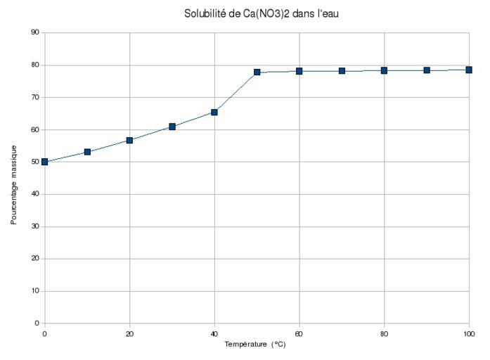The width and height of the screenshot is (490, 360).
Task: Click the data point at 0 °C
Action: coord(44,162)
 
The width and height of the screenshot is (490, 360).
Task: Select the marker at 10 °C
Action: coord(87,152)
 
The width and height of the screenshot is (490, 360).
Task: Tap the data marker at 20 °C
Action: coord(129,140)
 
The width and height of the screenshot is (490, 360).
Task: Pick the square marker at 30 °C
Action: coord(172,127)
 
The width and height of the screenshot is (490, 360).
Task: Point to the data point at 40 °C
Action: coord(214,112)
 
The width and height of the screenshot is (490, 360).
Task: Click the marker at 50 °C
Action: coord(257,72)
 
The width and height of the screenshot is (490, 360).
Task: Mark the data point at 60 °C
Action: coord(299,71)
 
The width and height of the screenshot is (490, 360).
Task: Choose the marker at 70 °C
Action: coord(342,71)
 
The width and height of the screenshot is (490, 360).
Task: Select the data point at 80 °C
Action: coord(385,70)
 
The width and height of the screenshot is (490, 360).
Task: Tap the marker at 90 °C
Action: coord(427,70)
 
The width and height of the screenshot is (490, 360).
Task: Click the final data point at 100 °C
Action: coord(469,70)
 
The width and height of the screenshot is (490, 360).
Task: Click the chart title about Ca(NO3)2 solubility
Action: coord(261,13)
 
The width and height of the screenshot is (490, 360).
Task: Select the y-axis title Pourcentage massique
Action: coord(14,184)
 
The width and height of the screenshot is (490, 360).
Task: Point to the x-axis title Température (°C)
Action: coord(255,345)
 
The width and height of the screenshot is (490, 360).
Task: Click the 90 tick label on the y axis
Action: coord(34,32)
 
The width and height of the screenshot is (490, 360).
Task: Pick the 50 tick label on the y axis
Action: coord(34,162)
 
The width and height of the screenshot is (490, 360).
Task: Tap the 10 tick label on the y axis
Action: coord(34,291)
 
